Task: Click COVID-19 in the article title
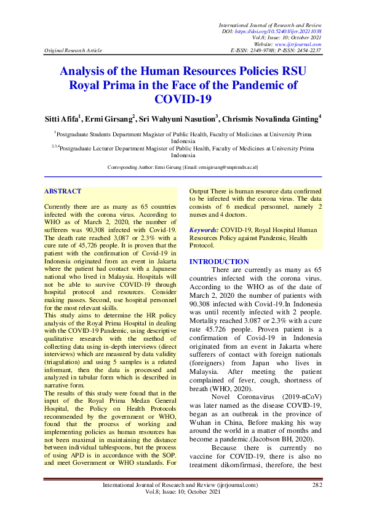(x=183, y=98)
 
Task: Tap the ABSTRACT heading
(x=63, y=191)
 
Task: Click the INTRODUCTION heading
(x=219, y=261)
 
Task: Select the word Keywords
(x=204, y=229)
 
